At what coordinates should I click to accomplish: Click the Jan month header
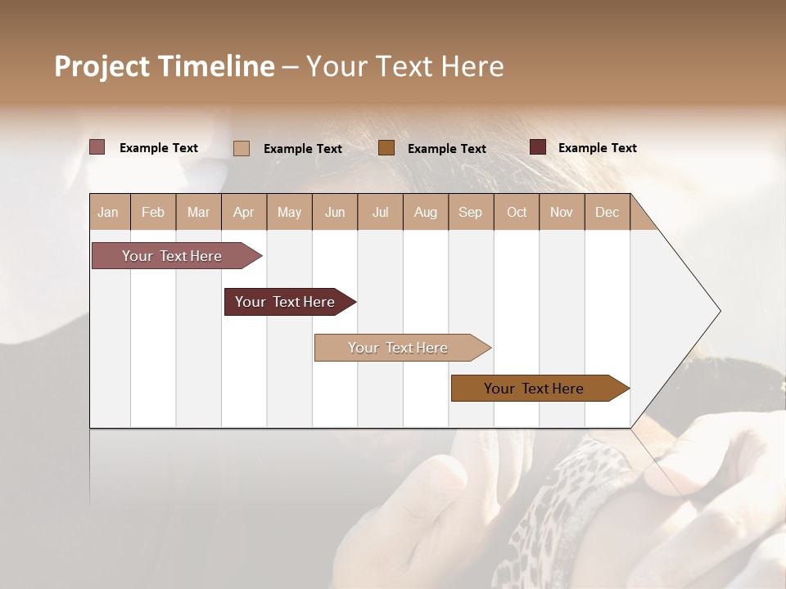(109, 212)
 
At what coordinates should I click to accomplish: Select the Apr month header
(244, 212)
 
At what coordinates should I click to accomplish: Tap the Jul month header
(380, 212)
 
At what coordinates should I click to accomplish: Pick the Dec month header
(607, 212)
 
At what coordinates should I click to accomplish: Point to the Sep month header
(470, 212)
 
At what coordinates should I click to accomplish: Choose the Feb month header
(153, 212)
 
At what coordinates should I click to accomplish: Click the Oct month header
(517, 212)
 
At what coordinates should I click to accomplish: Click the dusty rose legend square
(97, 147)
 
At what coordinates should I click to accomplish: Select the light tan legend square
(241, 148)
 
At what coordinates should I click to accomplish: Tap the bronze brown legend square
(386, 147)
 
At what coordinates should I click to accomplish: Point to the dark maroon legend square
(537, 147)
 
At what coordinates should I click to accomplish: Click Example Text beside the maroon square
(597, 148)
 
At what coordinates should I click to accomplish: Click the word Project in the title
(102, 66)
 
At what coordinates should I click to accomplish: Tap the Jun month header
(335, 212)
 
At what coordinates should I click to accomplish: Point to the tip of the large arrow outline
(719, 311)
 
